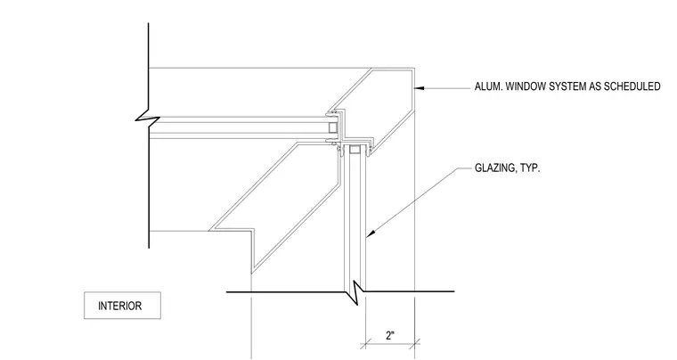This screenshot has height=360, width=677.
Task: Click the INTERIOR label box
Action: tap(122, 306)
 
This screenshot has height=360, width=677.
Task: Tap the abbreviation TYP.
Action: tap(530, 168)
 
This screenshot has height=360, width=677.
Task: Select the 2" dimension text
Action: tap(390, 335)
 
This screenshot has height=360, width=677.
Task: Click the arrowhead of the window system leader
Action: tap(419, 88)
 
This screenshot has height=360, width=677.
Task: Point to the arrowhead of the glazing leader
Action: tap(370, 233)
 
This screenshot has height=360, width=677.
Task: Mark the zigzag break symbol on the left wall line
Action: tap(148, 117)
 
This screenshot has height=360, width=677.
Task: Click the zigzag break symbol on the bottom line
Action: tap(355, 292)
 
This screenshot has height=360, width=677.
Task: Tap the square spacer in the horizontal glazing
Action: tap(333, 127)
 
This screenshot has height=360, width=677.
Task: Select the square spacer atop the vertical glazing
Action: tap(354, 150)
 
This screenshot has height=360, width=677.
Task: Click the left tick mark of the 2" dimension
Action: tap(366, 344)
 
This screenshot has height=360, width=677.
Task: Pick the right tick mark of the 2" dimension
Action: tap(415, 344)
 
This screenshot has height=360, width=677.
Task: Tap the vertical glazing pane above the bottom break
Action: tap(355, 220)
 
